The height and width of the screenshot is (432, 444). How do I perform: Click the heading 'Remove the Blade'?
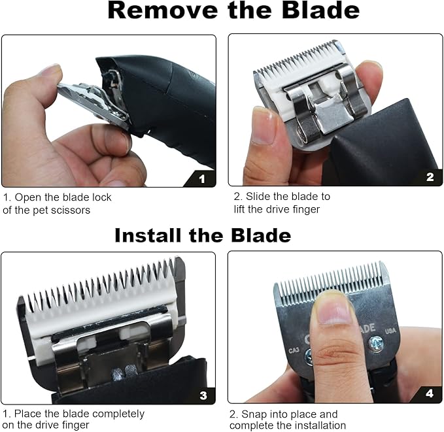233,12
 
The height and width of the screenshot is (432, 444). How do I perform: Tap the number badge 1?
201,177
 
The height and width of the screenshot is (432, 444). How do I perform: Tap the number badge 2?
429,176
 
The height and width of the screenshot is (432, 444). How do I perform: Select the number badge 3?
203,395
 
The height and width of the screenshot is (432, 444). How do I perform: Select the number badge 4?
429,393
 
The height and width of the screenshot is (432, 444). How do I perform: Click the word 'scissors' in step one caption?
75,209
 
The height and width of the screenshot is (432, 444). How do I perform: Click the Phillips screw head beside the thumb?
375,341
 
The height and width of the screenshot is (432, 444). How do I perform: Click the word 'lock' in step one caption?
101,197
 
